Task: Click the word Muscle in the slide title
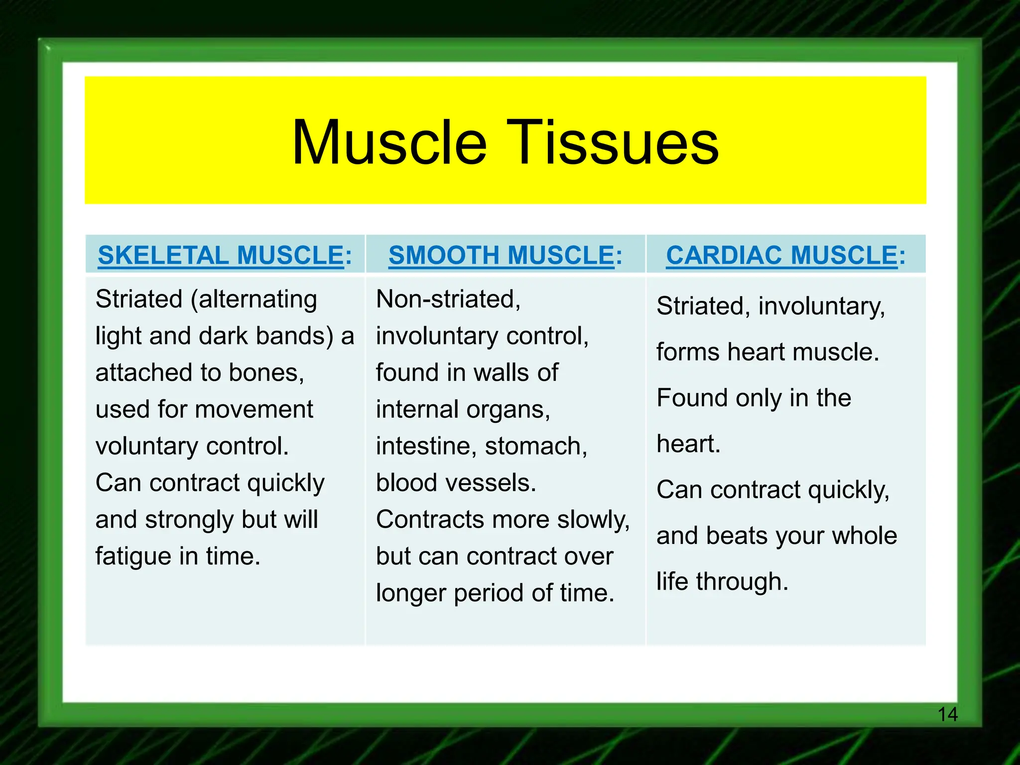[389, 143]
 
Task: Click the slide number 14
[947, 715]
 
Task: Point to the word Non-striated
[448, 299]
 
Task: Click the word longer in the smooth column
[411, 593]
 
